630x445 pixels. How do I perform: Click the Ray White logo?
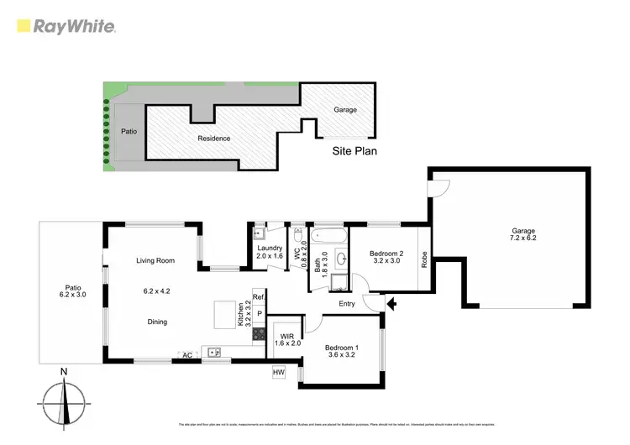(66, 26)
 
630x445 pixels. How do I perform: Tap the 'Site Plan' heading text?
(356, 152)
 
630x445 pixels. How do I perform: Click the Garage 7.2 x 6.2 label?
(524, 234)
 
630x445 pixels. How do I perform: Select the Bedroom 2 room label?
(388, 257)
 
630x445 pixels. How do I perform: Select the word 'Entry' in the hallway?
(347, 304)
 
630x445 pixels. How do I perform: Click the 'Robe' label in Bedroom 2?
(424, 259)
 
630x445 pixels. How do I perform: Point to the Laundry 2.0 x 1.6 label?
(270, 250)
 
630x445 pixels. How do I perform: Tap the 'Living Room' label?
(155, 261)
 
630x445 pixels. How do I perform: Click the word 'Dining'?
(157, 322)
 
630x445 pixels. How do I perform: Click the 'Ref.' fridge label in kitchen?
(259, 297)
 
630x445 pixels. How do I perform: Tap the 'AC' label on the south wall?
(188, 355)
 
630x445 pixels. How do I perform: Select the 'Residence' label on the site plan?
(214, 139)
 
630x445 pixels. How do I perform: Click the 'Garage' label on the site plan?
(345, 110)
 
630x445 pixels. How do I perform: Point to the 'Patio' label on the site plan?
(129, 132)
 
